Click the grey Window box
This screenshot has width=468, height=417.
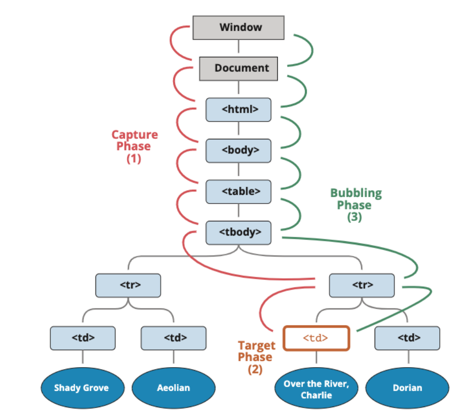238,27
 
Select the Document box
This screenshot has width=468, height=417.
238,68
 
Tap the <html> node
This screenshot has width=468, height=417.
238,109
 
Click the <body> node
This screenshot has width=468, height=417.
238,150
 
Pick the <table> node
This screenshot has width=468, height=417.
238,191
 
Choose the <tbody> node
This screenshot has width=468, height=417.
238,232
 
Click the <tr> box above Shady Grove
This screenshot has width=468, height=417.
128,285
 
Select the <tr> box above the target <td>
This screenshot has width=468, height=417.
362,285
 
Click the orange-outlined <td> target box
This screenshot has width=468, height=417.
316,338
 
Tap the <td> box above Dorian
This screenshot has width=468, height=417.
407,338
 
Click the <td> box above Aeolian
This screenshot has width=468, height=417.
173,338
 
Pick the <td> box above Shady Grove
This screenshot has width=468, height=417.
83,338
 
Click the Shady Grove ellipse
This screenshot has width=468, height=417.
82,387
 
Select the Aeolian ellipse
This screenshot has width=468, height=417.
173,387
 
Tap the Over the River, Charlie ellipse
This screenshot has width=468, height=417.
316,387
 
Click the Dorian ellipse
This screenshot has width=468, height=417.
407,387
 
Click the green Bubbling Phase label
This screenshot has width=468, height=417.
356,205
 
